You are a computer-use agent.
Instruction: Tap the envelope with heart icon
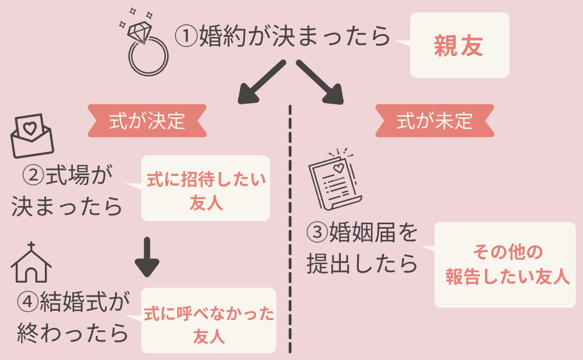pyautogui.click(x=32, y=136)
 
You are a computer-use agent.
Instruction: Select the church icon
pyautogui.click(x=32, y=262)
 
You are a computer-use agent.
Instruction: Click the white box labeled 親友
pyautogui.click(x=459, y=45)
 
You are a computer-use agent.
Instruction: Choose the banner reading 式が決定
pyautogui.click(x=147, y=121)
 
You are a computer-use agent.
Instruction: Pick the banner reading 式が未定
pyautogui.click(x=434, y=121)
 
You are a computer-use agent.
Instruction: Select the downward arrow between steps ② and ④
pyautogui.click(x=147, y=257)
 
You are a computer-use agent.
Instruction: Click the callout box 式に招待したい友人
pyautogui.click(x=205, y=188)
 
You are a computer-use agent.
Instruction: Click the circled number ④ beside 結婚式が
pyautogui.click(x=27, y=303)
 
